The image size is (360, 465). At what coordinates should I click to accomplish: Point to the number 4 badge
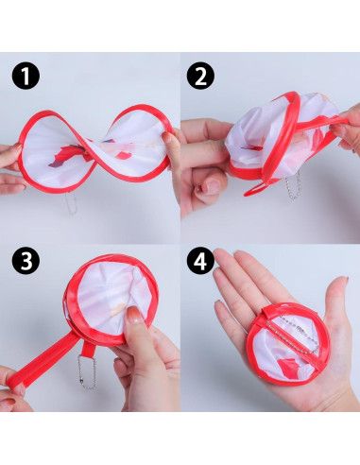[x=200, y=261]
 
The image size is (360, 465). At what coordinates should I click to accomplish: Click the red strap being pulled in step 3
[x=37, y=365]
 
